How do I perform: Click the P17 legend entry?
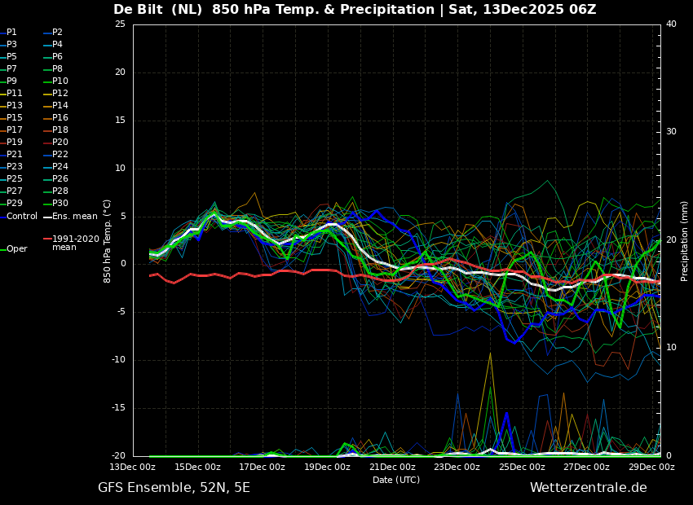[15, 130]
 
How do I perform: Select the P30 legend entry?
[60, 204]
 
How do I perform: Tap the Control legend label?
[22, 216]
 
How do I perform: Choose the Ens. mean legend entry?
[75, 216]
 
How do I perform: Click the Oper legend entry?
[16, 249]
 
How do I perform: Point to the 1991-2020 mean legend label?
[75, 243]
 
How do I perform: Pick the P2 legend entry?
[57, 33]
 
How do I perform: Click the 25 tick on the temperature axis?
[120, 24]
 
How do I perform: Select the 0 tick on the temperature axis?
[122, 264]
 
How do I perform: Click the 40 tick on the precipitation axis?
[671, 24]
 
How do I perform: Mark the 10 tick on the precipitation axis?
[671, 348]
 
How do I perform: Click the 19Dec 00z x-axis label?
[327, 468]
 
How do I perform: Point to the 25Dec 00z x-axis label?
[522, 468]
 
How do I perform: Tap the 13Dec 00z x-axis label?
[133, 468]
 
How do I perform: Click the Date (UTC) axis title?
[396, 480]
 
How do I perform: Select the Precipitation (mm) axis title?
[685, 241]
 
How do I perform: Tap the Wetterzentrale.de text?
[588, 488]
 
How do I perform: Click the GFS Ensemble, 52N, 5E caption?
[174, 488]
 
